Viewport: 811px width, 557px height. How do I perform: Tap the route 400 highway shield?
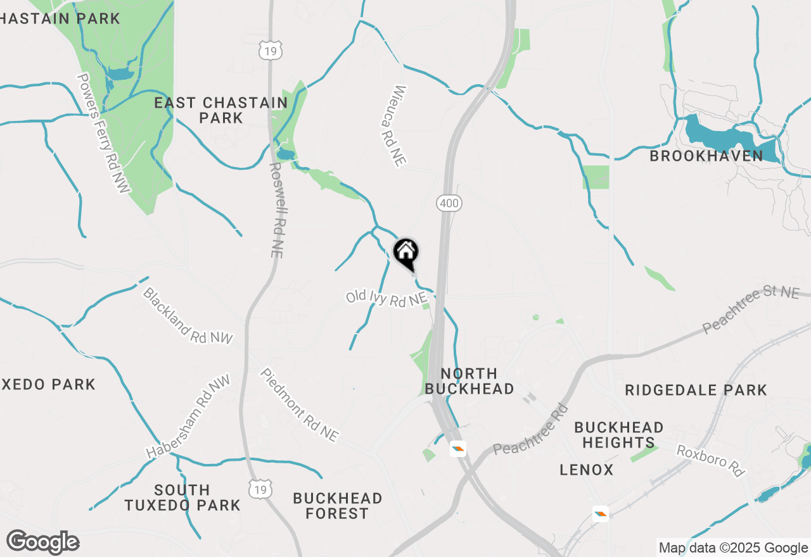[x=449, y=203]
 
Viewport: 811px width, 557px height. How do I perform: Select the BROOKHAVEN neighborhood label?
[x=706, y=156]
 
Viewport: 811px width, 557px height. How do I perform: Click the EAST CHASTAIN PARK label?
[x=221, y=110]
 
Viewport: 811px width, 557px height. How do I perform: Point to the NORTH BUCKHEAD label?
[x=469, y=381]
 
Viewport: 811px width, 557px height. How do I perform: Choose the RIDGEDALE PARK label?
[x=696, y=390]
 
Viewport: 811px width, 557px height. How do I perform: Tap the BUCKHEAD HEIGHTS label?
[x=618, y=435]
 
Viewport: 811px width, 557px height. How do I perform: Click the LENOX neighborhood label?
[x=587, y=470]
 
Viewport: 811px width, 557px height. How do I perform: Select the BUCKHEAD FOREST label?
[x=337, y=506]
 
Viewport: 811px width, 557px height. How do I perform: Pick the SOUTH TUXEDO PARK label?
[x=182, y=498]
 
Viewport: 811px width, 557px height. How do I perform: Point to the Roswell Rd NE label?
[x=276, y=210]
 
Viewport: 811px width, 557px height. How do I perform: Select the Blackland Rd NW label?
[x=188, y=316]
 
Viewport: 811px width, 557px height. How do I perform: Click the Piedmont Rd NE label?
[x=299, y=405]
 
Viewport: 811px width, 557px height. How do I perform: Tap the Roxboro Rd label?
[x=710, y=461]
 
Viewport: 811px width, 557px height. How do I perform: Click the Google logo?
[x=42, y=542]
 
